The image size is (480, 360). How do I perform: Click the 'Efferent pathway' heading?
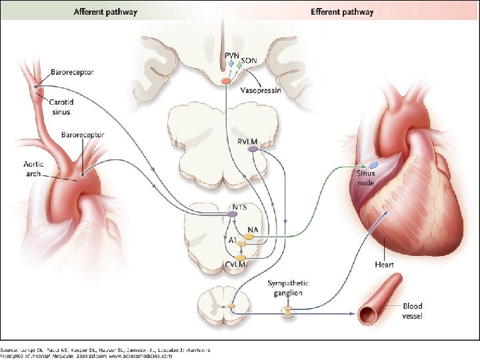click(x=342, y=12)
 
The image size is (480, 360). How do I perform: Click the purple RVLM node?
click(x=253, y=150)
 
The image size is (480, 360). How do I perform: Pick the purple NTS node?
click(x=233, y=214)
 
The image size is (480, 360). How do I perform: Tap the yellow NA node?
click(x=249, y=235)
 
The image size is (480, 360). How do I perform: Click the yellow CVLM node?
click(x=241, y=257)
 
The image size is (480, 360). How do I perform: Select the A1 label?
click(x=233, y=241)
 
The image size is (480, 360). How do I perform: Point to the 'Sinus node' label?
click(x=365, y=178)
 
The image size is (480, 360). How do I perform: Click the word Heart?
click(x=384, y=264)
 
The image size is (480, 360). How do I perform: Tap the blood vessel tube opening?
click(x=365, y=311)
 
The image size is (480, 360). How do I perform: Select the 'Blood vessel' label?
click(x=412, y=311)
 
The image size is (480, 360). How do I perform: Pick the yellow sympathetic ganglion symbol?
click(x=288, y=311)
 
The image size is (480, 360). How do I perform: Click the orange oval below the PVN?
click(x=227, y=81)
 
